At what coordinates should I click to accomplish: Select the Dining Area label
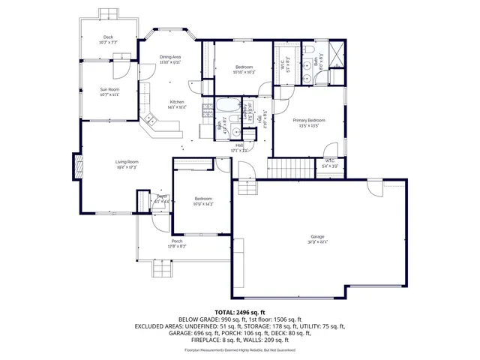pos(170,57)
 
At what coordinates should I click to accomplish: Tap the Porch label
pos(176,241)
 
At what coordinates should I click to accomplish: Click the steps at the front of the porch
pos(163,268)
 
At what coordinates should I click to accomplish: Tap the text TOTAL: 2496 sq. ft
pos(240,312)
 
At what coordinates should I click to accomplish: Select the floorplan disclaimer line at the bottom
pos(240,349)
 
